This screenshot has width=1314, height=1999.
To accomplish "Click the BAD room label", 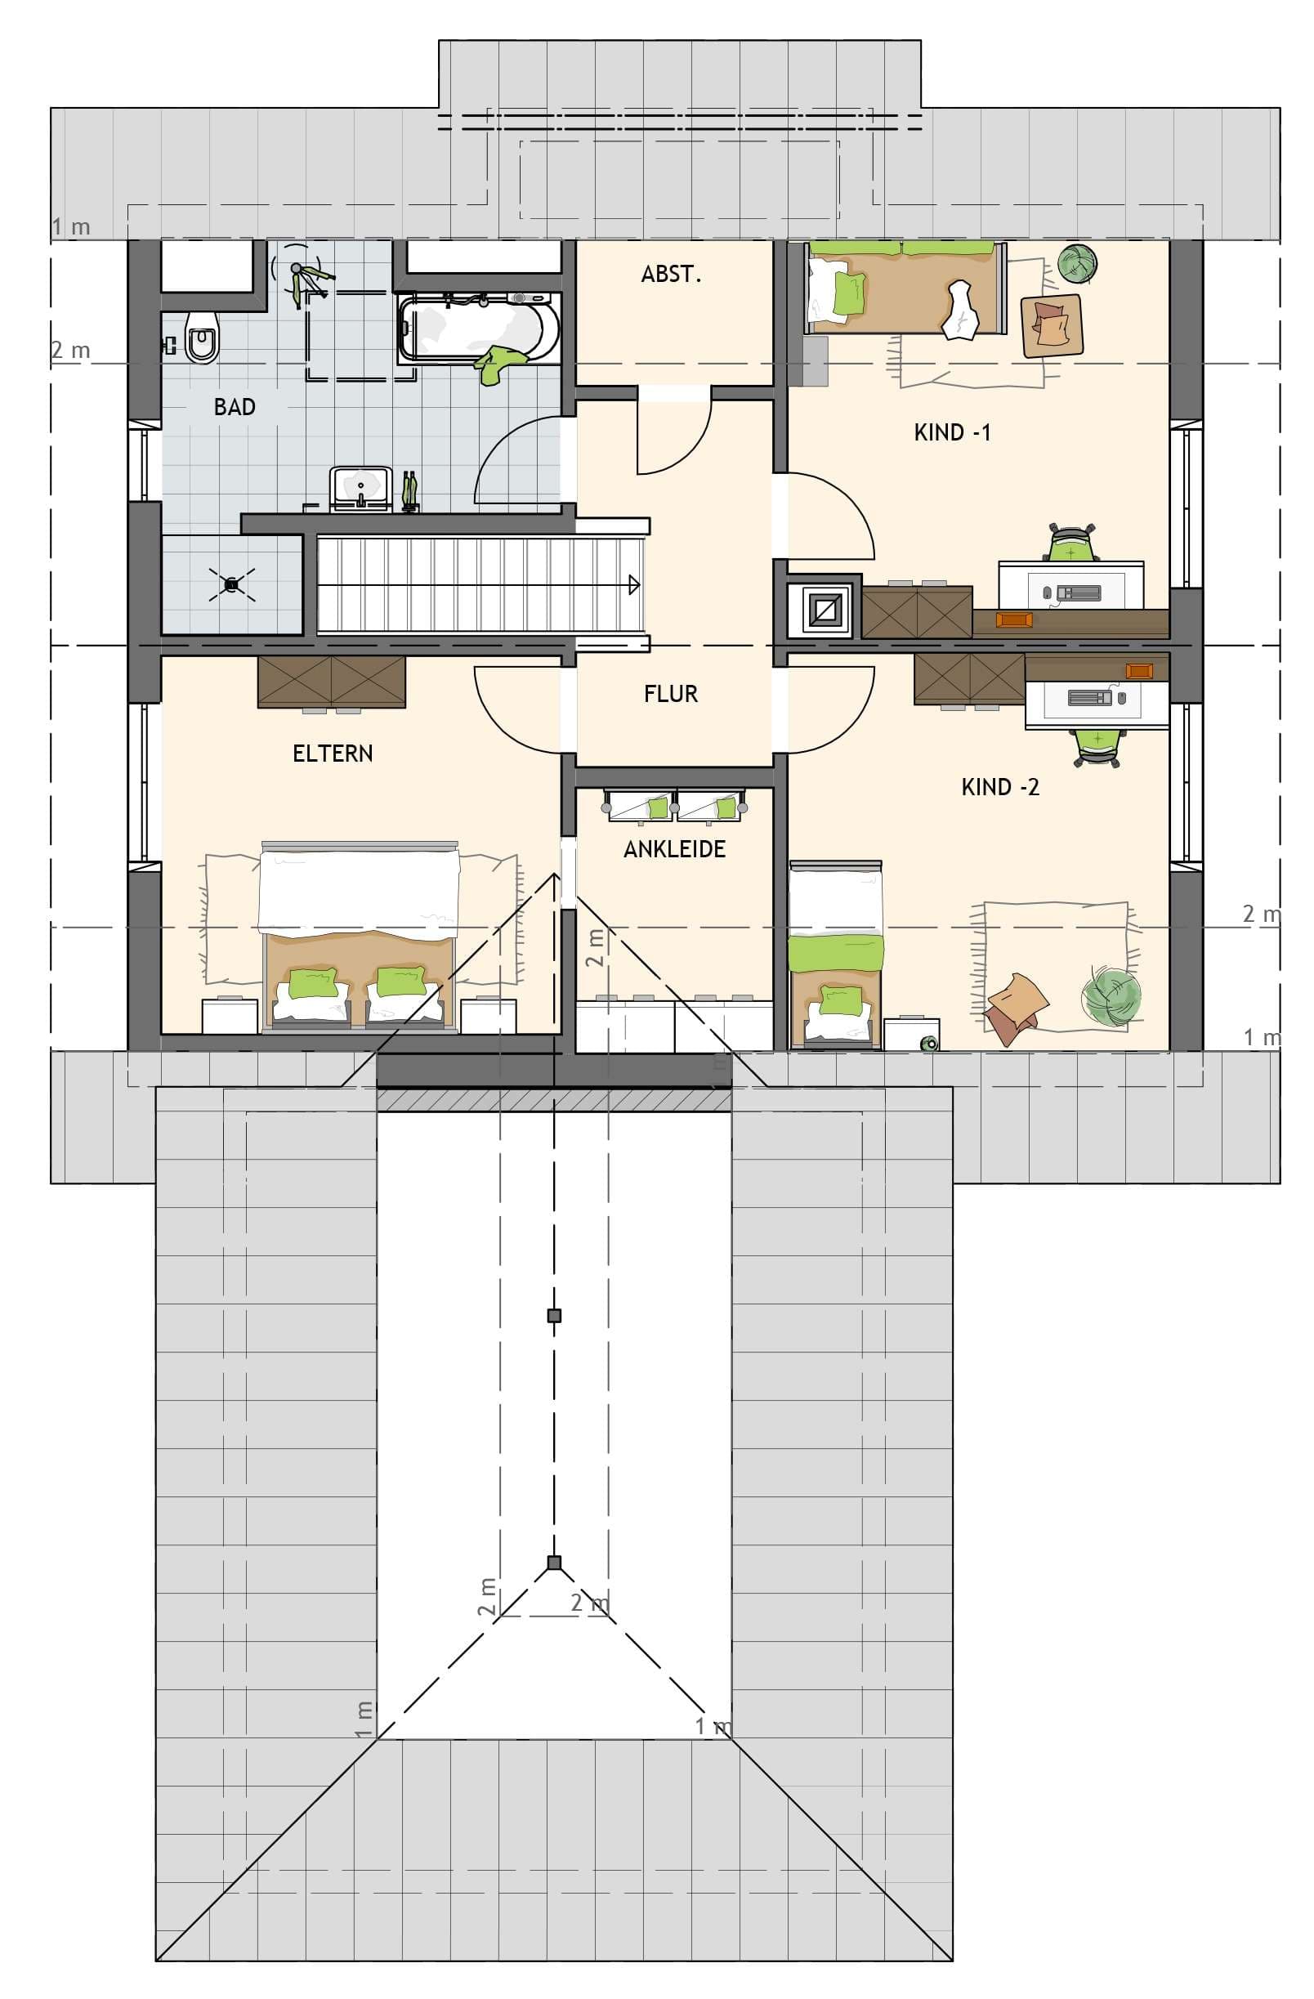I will coord(235,407).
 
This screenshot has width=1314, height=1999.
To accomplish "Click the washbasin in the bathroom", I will coord(361,487).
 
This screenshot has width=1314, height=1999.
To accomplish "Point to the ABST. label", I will coord(670,275).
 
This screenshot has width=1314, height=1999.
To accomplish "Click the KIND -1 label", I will coord(951,432).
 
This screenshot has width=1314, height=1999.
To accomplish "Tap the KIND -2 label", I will coord(999,787).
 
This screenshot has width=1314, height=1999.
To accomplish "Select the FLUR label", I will coord(670,694).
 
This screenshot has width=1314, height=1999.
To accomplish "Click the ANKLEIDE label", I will coord(674,849).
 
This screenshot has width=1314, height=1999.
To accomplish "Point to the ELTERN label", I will coord(333,754).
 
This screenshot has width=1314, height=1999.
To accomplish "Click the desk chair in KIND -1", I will coord(1072,544).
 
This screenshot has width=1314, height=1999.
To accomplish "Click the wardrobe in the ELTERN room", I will coord(332,680).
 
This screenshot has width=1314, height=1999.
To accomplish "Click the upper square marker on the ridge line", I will coord(553,1315).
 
